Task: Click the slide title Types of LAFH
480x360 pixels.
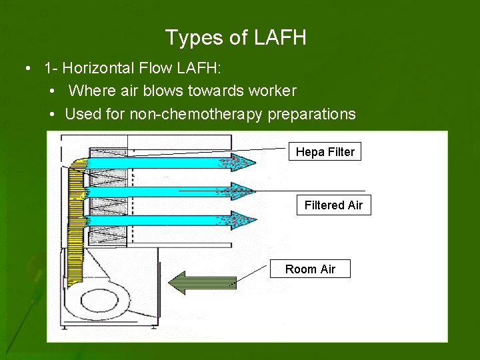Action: [x=235, y=38]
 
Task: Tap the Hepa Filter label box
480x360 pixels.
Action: [x=325, y=152]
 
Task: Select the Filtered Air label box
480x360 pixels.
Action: [x=333, y=205]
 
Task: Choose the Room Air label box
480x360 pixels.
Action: [x=310, y=269]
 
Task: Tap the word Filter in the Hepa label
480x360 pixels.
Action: [x=340, y=152]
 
